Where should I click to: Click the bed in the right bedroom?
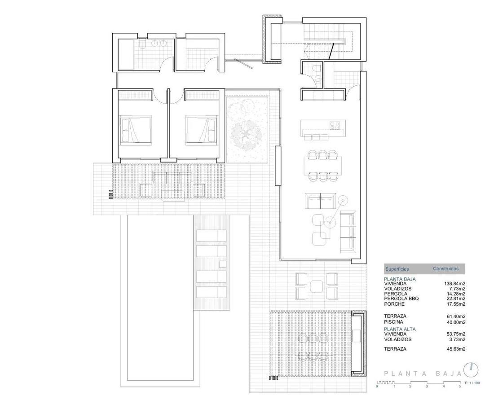(x=201, y=129)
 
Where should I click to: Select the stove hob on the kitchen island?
(x=335, y=125)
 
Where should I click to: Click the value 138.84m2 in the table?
(x=454, y=284)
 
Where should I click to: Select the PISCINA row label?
(x=393, y=322)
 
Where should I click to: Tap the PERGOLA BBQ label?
(x=401, y=299)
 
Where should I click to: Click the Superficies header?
(x=397, y=269)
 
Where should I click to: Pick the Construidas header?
(x=445, y=269)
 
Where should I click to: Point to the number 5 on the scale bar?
(x=460, y=386)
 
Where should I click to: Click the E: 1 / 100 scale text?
(x=472, y=383)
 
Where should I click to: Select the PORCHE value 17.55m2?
(x=456, y=304)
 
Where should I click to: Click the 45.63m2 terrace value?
(x=456, y=349)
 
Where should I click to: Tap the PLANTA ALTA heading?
(x=400, y=329)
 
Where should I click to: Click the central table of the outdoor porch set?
(x=317, y=286)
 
